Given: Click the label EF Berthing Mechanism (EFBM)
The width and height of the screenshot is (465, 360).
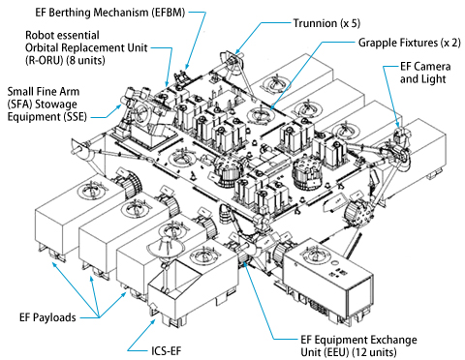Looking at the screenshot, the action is pos(110,13).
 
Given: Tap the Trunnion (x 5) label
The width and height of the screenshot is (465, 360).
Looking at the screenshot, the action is pos(326,23).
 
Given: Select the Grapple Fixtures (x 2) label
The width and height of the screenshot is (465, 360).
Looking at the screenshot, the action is pos(410,43).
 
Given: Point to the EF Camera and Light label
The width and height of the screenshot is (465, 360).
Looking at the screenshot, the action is pos(425,73).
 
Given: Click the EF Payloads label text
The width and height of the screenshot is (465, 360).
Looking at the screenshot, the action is pos(47,317).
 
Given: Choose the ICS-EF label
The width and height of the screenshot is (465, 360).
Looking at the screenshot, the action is pos(167,350).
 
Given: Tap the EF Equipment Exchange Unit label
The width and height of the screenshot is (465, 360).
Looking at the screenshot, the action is pos(358,345).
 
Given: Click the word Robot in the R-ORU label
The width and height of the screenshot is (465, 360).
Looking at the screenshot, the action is pos(40,35).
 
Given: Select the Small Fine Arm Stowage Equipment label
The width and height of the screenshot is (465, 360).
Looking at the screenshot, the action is pos(47,104).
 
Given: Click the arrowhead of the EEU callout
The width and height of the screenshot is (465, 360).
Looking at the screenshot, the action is pos(244,263).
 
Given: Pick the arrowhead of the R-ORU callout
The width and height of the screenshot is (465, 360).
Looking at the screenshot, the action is pos(167,83).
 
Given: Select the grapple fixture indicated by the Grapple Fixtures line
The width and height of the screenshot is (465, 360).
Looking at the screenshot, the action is pos(261,113).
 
